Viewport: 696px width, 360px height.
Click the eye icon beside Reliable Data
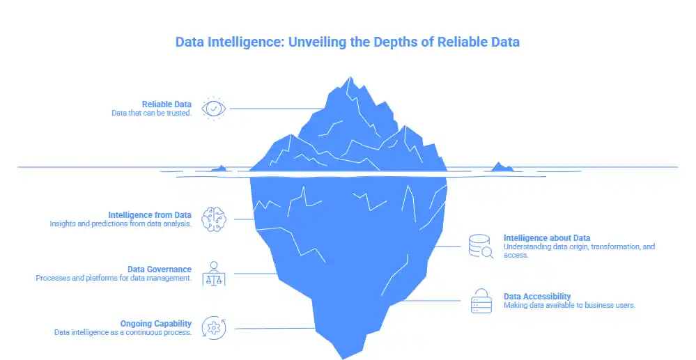click(x=213, y=109)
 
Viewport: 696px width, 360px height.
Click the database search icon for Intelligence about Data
click(x=481, y=246)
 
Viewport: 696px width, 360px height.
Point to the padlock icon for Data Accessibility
click(x=481, y=300)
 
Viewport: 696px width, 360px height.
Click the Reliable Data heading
click(x=167, y=104)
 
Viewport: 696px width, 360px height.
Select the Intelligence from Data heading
click(x=150, y=214)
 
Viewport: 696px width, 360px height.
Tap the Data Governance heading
click(x=160, y=269)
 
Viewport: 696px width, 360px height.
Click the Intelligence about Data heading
click(x=547, y=238)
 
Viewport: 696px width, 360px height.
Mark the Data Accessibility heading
click(x=537, y=297)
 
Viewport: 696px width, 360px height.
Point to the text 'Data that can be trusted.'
click(x=151, y=114)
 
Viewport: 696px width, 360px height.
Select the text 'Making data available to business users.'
click(x=569, y=306)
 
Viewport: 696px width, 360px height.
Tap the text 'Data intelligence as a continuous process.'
click(x=123, y=332)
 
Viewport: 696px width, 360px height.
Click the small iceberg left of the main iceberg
click(x=222, y=168)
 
